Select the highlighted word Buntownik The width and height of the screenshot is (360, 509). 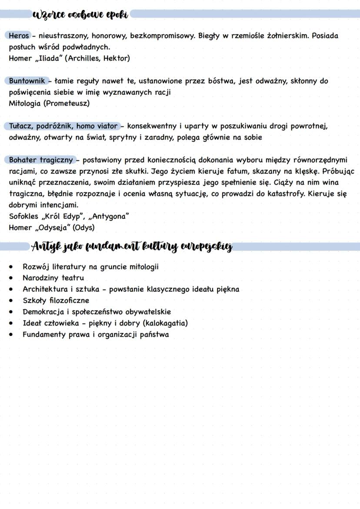[27, 81]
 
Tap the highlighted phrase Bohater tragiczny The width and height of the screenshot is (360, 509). [41, 160]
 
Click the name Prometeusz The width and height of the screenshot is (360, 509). [67, 103]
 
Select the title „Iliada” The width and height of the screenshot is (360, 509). [48, 58]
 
